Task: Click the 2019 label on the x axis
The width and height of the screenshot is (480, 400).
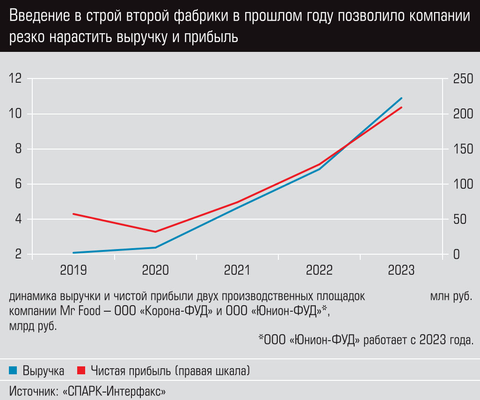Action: tap(73, 270)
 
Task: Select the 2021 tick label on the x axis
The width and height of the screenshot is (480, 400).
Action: tap(237, 270)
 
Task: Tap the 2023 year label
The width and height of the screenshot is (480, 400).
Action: tap(401, 270)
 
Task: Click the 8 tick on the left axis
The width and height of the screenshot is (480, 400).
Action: tap(18, 149)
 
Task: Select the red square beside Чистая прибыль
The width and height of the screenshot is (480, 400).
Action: tap(81, 371)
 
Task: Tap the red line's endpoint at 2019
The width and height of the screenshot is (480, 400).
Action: tap(73, 214)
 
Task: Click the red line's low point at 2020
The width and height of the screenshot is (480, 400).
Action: tap(155, 232)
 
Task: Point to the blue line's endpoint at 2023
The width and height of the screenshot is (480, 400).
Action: tap(402, 98)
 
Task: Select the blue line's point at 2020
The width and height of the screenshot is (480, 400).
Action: tap(155, 247)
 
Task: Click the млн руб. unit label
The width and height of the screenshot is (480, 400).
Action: tap(451, 297)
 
